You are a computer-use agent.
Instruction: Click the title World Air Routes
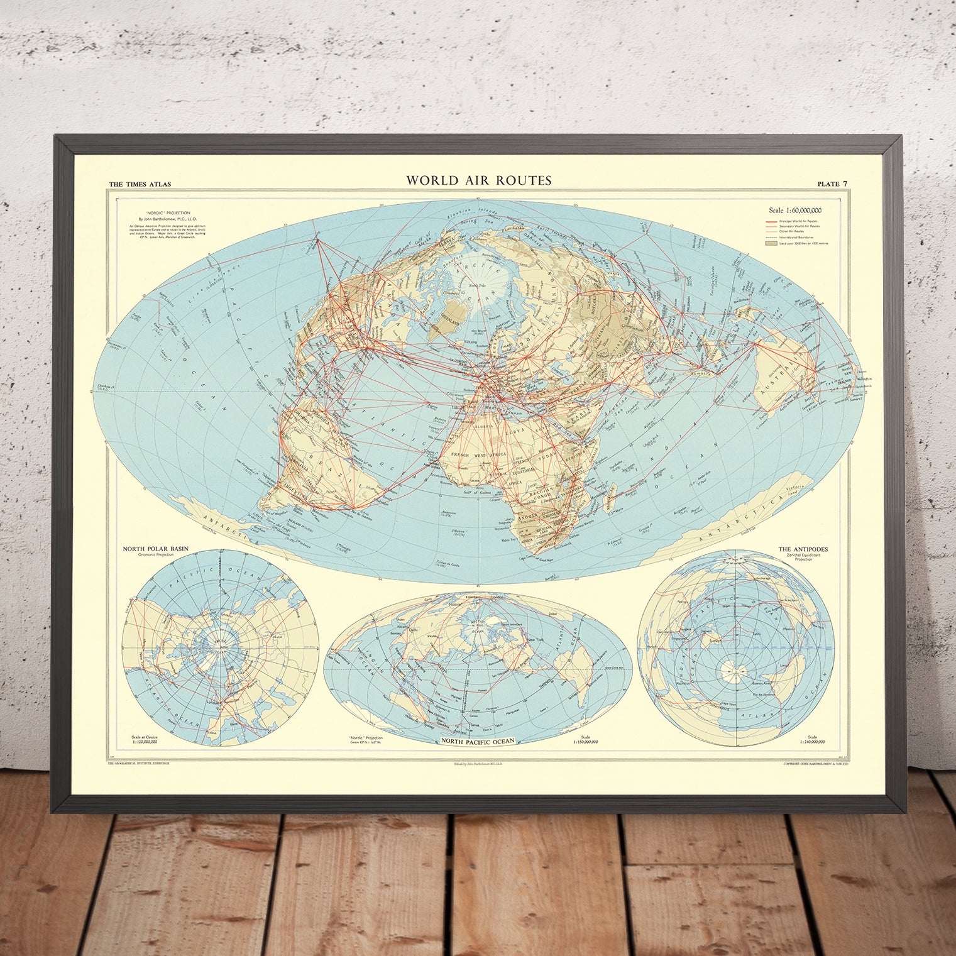click(478, 180)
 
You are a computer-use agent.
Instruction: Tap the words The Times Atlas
click(140, 184)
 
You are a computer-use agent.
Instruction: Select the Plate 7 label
click(832, 184)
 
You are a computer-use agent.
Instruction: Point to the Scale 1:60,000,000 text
click(795, 211)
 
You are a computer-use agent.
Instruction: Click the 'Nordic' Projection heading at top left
click(159, 213)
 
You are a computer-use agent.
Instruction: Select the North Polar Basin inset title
click(155, 549)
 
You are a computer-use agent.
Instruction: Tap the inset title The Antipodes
click(803, 549)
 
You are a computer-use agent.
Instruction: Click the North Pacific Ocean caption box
click(478, 741)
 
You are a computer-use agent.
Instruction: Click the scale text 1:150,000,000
click(585, 742)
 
